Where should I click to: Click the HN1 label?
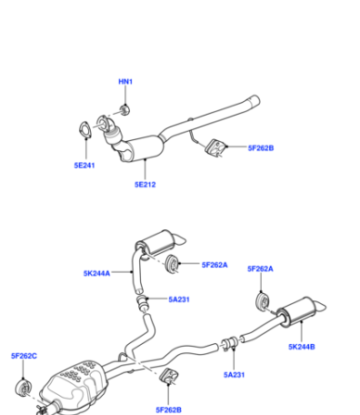(x=125, y=81)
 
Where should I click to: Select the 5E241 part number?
(x=85, y=166)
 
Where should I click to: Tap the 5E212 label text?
(x=145, y=185)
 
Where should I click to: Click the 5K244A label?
(x=96, y=273)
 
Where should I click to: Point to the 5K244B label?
(x=302, y=347)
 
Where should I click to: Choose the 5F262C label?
(x=24, y=356)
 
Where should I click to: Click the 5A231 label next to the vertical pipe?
(x=179, y=299)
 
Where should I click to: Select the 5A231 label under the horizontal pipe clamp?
(x=234, y=375)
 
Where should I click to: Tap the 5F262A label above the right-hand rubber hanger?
(x=260, y=268)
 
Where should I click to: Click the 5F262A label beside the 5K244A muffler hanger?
(x=215, y=265)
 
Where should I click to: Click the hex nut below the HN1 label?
(x=125, y=109)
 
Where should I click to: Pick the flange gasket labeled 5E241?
(x=85, y=129)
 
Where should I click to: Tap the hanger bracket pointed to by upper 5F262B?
(x=215, y=147)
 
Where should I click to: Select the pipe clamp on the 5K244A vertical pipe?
(x=142, y=301)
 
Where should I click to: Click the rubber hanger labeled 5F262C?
(x=23, y=388)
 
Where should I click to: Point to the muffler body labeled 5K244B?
(x=297, y=312)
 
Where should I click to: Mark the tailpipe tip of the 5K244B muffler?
(x=321, y=307)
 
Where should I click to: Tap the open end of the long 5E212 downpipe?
(x=255, y=100)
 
